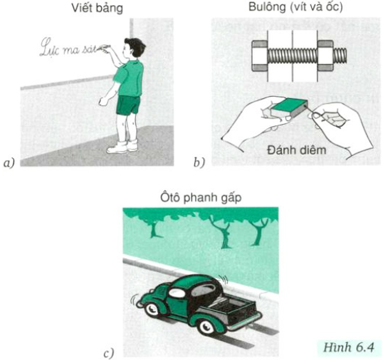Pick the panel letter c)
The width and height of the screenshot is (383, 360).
[x=108, y=351]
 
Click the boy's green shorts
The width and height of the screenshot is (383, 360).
[x=127, y=104]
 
